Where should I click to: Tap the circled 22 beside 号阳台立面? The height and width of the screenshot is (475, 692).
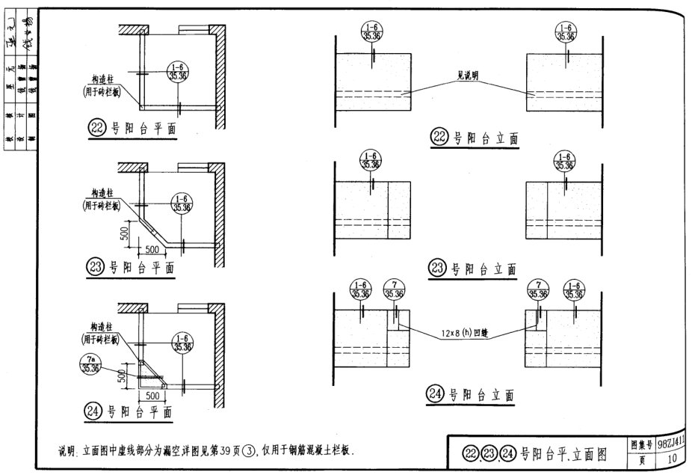(439, 137)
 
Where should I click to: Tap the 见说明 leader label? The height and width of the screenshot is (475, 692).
(468, 76)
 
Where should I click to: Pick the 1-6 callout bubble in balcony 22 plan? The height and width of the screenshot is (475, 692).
(179, 72)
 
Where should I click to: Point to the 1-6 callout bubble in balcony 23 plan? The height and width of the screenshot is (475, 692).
(181, 203)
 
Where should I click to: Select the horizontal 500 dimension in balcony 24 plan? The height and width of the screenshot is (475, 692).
(152, 393)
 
